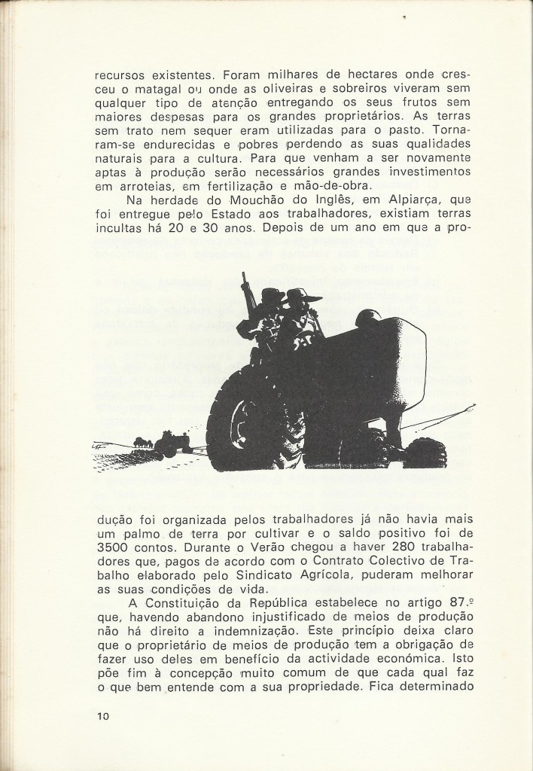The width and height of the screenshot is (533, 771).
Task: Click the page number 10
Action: pyautogui.click(x=103, y=717)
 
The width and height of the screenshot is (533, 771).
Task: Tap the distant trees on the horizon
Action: pyautogui.click(x=142, y=441)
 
